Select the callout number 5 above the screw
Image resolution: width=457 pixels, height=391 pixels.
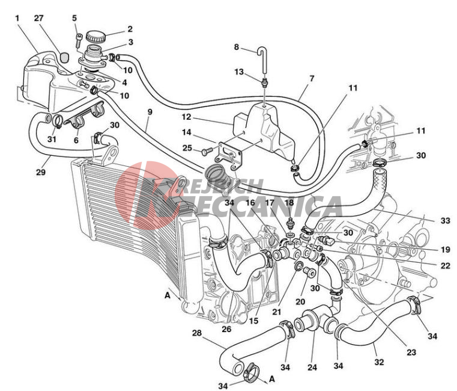point(74,17)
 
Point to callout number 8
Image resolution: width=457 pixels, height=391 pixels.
point(236,46)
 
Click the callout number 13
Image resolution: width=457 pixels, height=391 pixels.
point(239,72)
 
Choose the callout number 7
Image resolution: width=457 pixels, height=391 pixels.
point(311,79)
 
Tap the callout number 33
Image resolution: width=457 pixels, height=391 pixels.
point(445,221)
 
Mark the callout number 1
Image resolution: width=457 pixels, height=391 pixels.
point(17,18)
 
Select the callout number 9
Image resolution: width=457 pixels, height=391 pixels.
point(150,112)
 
